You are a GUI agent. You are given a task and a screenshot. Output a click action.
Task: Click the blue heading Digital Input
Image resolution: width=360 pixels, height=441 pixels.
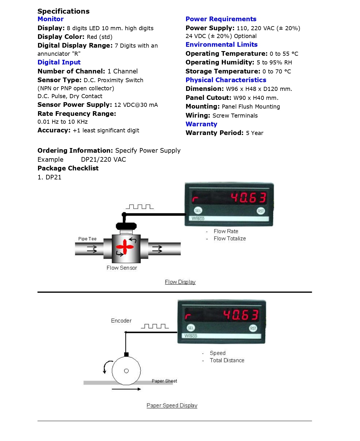tap(59, 62)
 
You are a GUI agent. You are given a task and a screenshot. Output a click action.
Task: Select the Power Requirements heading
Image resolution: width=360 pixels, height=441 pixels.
tap(221, 19)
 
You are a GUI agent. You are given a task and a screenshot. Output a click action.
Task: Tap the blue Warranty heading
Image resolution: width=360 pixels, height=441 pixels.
tap(201, 124)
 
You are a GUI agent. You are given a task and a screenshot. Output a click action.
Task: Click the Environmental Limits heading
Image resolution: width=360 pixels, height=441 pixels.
tap(222, 45)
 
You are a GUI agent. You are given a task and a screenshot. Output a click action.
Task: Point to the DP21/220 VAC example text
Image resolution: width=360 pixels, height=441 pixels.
tap(103, 160)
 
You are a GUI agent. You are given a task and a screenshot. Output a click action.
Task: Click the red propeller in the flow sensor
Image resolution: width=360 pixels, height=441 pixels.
tap(125, 247)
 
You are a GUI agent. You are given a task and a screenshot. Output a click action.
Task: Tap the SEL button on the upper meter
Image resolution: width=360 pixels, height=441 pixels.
tap(198, 211)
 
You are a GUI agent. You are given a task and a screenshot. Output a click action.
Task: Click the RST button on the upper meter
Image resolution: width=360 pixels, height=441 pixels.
tap(261, 211)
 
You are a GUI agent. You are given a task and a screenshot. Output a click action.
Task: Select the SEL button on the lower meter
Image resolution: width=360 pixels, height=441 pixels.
tap(191, 328)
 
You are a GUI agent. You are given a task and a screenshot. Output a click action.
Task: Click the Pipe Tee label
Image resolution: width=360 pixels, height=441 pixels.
tap(87, 239)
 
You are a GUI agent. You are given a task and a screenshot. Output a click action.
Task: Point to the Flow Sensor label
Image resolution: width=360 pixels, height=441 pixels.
tap(122, 268)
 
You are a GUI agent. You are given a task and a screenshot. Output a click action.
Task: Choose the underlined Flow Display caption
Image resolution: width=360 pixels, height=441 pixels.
tap(180, 282)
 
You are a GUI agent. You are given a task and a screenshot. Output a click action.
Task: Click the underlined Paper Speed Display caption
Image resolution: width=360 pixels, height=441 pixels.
tap(172, 406)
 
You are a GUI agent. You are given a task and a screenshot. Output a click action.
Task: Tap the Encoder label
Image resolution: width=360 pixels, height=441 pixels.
tap(121, 321)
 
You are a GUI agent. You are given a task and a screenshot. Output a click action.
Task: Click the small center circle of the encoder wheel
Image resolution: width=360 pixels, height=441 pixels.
tap(126, 371)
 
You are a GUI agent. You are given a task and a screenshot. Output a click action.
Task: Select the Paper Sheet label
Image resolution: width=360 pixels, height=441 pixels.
tap(164, 381)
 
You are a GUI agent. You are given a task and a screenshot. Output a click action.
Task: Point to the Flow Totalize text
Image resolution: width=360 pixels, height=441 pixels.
tap(230, 239)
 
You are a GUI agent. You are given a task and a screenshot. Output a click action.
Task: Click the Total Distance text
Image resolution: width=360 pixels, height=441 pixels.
tap(227, 361)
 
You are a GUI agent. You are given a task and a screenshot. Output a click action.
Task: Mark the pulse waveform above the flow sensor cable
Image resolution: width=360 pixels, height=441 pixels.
tap(140, 207)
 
